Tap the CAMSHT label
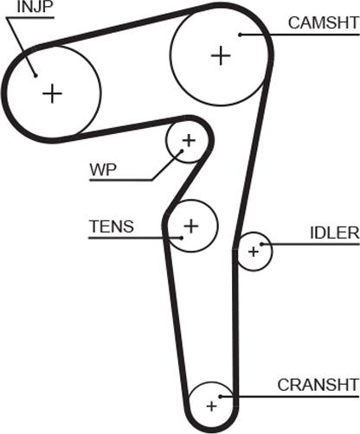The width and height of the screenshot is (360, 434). [324, 22]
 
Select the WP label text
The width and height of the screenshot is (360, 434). [103, 170]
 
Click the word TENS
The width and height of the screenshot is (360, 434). [112, 227]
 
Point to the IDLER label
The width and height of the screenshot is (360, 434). [335, 233]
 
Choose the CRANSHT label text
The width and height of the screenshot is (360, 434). [318, 385]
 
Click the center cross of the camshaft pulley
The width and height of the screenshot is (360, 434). [221, 55]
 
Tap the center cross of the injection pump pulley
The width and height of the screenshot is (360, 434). [52, 93]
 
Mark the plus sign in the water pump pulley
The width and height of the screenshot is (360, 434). [189, 141]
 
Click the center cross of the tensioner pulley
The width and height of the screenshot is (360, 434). [191, 226]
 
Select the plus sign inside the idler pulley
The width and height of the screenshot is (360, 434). [254, 252]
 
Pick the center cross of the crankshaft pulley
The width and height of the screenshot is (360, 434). [212, 406]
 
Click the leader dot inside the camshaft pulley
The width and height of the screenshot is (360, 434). [240, 35]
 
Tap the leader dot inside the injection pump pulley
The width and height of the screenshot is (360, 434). [35, 75]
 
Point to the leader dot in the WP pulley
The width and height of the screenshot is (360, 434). [182, 150]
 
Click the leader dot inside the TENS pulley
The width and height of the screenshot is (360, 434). [181, 238]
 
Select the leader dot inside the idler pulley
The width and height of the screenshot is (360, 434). [261, 245]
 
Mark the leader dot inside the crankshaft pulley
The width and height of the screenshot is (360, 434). [220, 397]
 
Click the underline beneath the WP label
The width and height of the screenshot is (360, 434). [121, 181]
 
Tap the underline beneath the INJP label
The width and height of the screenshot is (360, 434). [30, 17]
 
